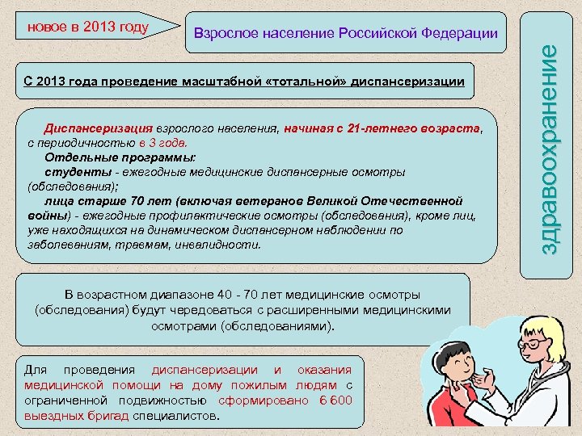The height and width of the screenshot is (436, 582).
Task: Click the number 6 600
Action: pyautogui.click(x=335, y=401)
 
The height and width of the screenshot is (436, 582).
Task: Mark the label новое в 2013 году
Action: pyautogui.click(x=88, y=27)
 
